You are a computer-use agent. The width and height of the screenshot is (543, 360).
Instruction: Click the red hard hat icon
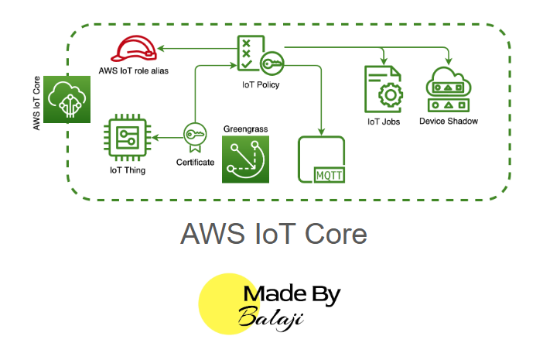(134, 49)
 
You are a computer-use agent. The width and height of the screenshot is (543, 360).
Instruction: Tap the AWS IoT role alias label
(133, 70)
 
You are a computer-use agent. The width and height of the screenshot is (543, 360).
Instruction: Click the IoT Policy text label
(261, 85)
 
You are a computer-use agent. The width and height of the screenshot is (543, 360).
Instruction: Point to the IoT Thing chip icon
(128, 138)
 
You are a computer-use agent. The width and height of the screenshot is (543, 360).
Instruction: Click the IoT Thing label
(128, 170)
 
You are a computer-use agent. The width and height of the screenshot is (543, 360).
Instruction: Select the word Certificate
(196, 162)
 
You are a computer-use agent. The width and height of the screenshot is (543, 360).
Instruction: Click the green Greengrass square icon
(245, 159)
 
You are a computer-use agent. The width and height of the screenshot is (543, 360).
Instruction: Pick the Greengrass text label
(245, 129)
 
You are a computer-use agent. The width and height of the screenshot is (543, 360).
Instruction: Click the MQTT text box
(329, 175)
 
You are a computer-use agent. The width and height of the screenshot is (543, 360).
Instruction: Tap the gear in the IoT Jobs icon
(391, 94)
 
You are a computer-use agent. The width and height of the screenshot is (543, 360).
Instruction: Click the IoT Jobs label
(384, 122)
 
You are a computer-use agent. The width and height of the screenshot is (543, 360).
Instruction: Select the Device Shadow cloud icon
(449, 89)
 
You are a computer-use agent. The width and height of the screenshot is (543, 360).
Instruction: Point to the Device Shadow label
(449, 121)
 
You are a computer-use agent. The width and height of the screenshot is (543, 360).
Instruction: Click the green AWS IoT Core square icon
(67, 99)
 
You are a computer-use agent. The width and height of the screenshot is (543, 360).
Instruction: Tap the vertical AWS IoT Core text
(36, 103)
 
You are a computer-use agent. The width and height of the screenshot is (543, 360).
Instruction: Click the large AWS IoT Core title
(274, 234)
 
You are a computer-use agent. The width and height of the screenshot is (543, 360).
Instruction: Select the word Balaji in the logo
(271, 318)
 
